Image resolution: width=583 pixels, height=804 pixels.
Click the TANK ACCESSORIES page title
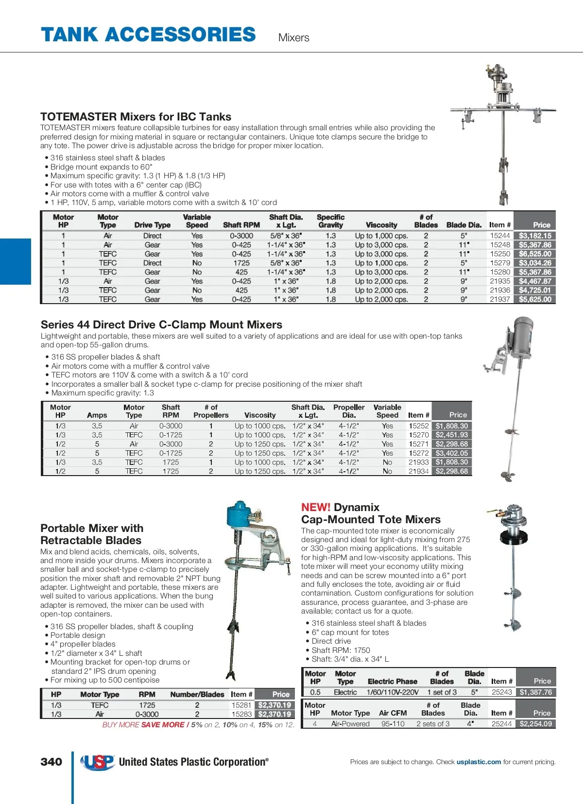point(148,35)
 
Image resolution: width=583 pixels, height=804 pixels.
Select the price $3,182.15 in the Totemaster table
point(535,236)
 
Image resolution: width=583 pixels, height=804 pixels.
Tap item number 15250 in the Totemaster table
point(500,254)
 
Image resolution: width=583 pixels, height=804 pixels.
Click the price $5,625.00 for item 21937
point(535,299)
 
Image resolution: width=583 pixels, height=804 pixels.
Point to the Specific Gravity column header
point(330,221)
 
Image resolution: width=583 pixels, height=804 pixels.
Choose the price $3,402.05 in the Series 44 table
point(451,453)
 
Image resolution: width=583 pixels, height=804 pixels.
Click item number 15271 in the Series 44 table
point(418,444)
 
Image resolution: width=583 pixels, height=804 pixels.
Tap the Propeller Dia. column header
point(349,411)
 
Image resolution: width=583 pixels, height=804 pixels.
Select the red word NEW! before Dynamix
point(315,507)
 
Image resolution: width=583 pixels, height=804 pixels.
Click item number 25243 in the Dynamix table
point(502,692)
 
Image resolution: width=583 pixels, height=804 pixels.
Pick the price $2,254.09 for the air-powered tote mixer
point(535,724)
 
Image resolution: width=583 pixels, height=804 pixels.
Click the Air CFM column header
point(393,713)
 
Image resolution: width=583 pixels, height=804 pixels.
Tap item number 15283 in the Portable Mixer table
point(241,714)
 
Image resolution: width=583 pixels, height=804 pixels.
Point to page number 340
point(51,762)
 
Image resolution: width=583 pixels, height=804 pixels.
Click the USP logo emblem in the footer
point(98,762)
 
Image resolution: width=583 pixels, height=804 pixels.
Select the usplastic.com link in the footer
point(479,762)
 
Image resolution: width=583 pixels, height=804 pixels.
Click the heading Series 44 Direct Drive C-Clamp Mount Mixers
point(161,325)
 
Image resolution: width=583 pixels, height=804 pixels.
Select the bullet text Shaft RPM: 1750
point(341,650)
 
